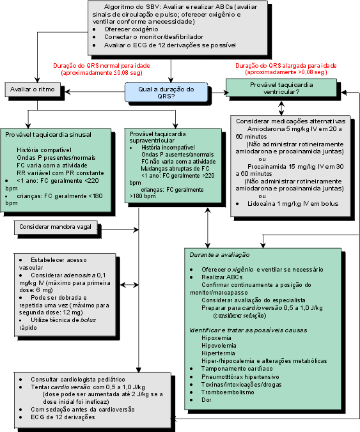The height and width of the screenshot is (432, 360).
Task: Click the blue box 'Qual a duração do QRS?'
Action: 166,92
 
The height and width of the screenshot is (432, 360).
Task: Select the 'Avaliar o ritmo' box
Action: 33,89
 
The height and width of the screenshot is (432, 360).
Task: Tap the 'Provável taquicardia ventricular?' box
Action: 281,88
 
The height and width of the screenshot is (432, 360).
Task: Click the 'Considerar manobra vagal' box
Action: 56,227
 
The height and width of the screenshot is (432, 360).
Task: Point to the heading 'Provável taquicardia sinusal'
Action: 48,135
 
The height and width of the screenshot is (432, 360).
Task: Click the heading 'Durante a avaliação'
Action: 219,255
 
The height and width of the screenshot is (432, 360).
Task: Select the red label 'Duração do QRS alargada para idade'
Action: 286,66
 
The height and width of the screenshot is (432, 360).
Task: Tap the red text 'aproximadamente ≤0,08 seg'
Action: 102,73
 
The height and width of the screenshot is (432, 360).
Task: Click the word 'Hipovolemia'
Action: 219,346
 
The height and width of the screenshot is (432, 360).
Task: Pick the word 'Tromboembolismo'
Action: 228,392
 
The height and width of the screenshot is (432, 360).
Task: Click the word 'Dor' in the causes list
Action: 206,400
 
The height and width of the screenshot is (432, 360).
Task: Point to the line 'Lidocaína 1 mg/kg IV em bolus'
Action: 293,204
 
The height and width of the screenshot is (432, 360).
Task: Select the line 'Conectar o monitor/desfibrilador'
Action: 153,37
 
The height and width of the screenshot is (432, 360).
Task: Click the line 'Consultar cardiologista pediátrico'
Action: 78,380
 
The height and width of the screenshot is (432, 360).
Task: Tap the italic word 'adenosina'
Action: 80,275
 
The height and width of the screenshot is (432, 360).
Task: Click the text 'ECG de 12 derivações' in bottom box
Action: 63,417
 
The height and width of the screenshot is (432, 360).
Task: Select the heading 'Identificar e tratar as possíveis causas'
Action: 248,330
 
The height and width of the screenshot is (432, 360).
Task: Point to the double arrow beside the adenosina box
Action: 129,285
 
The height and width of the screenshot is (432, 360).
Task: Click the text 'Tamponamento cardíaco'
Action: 237,369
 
